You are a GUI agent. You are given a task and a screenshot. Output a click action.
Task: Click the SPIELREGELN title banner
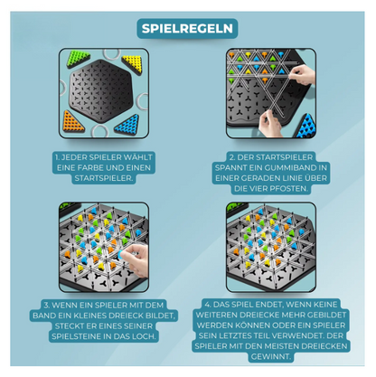[188, 28]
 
